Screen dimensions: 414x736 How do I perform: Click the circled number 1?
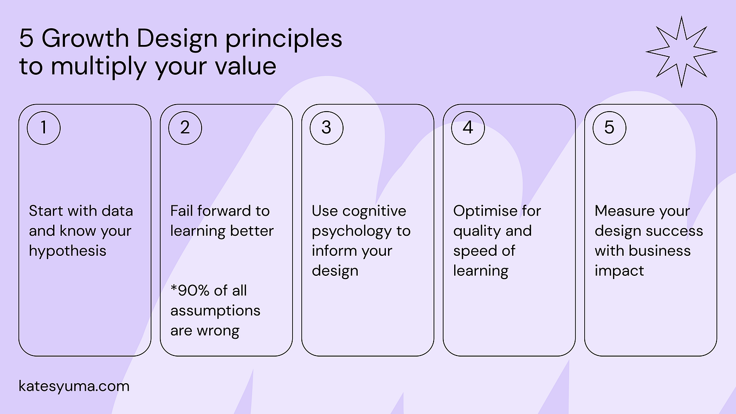tap(43, 128)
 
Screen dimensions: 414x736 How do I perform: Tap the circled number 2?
tap(185, 128)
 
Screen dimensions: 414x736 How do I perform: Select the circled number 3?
tap(326, 128)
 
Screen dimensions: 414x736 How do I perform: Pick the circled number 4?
tap(468, 128)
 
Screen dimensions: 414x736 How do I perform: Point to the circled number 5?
tap(609, 128)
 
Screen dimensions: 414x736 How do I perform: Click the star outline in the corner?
tap(681, 52)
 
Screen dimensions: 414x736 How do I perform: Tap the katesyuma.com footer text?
tap(74, 386)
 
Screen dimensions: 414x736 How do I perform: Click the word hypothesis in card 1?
tap(67, 251)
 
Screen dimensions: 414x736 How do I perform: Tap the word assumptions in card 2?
tap(215, 311)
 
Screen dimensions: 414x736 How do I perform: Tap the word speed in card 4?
tap(474, 251)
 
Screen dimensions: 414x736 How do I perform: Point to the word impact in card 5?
tap(619, 271)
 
